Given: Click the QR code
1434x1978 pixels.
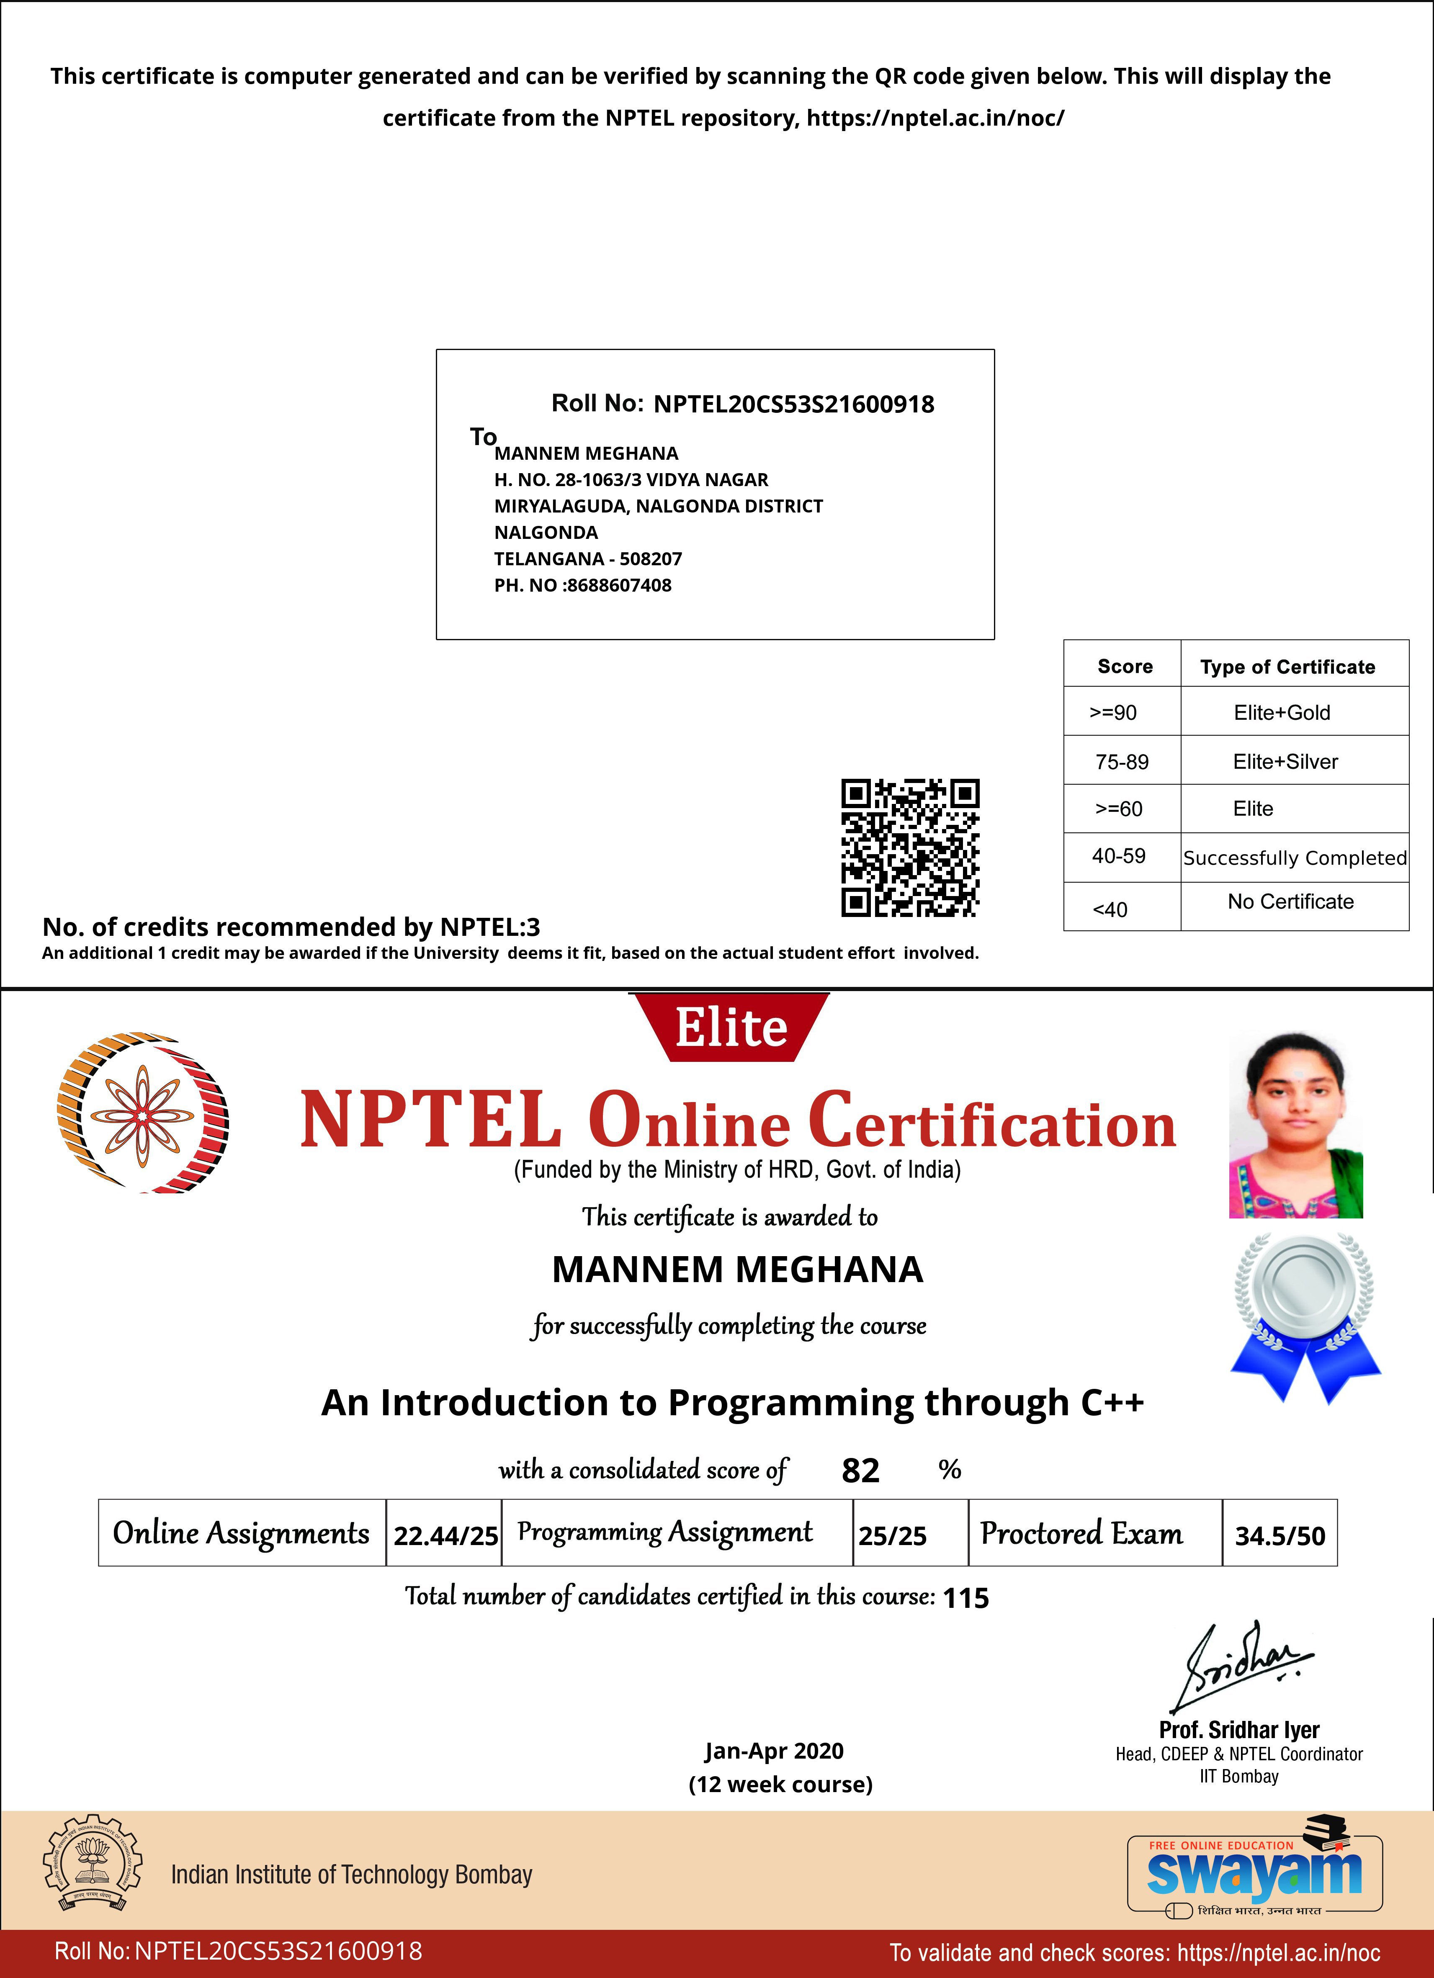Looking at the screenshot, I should pyautogui.click(x=910, y=848).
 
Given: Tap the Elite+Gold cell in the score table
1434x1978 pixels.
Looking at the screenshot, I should pyautogui.click(x=1281, y=713).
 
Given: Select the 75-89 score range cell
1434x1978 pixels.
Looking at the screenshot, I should pyautogui.click(x=1122, y=761).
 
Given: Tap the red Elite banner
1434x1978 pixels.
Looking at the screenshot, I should pyautogui.click(x=731, y=1028).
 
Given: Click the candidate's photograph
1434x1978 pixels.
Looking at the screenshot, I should pyautogui.click(x=1295, y=1125).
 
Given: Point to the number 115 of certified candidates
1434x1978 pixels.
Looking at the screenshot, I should pyautogui.click(x=965, y=1598).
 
